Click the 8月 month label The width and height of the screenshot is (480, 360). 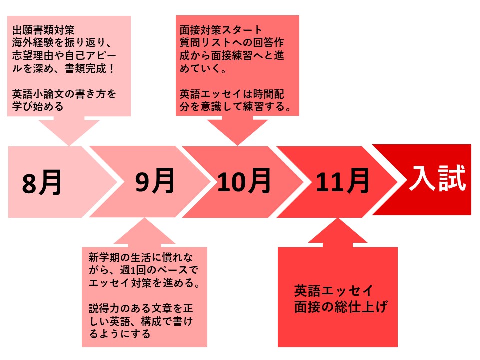tap(42, 183)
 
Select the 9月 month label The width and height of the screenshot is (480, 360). tap(155, 181)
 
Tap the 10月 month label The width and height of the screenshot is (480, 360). tap(244, 181)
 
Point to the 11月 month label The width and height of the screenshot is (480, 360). tap(342, 181)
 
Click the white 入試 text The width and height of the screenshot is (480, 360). tap(438, 178)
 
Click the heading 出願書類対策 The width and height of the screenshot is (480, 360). tap(43, 30)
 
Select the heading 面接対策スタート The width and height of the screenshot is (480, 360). tap(221, 30)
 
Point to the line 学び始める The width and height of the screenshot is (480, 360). tap(38, 106)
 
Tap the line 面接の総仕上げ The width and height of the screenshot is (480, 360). tap(341, 307)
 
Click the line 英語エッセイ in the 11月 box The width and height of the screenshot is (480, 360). tap(333, 291)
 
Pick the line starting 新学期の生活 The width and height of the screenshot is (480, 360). tap(141, 257)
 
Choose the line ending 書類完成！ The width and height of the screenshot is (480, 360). tap(63, 68)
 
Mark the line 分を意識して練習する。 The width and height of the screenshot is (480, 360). tap(235, 106)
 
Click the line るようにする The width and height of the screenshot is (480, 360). tap(119, 333)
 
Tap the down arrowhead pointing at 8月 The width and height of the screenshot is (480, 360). tap(69, 132)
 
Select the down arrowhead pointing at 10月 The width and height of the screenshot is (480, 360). tap(237, 132)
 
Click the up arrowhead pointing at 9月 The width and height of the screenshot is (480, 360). tap(144, 231)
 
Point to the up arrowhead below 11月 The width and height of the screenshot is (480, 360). tap(337, 231)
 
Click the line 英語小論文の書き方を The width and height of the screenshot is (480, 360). tap(64, 94)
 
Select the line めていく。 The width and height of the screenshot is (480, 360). tap(203, 68)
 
